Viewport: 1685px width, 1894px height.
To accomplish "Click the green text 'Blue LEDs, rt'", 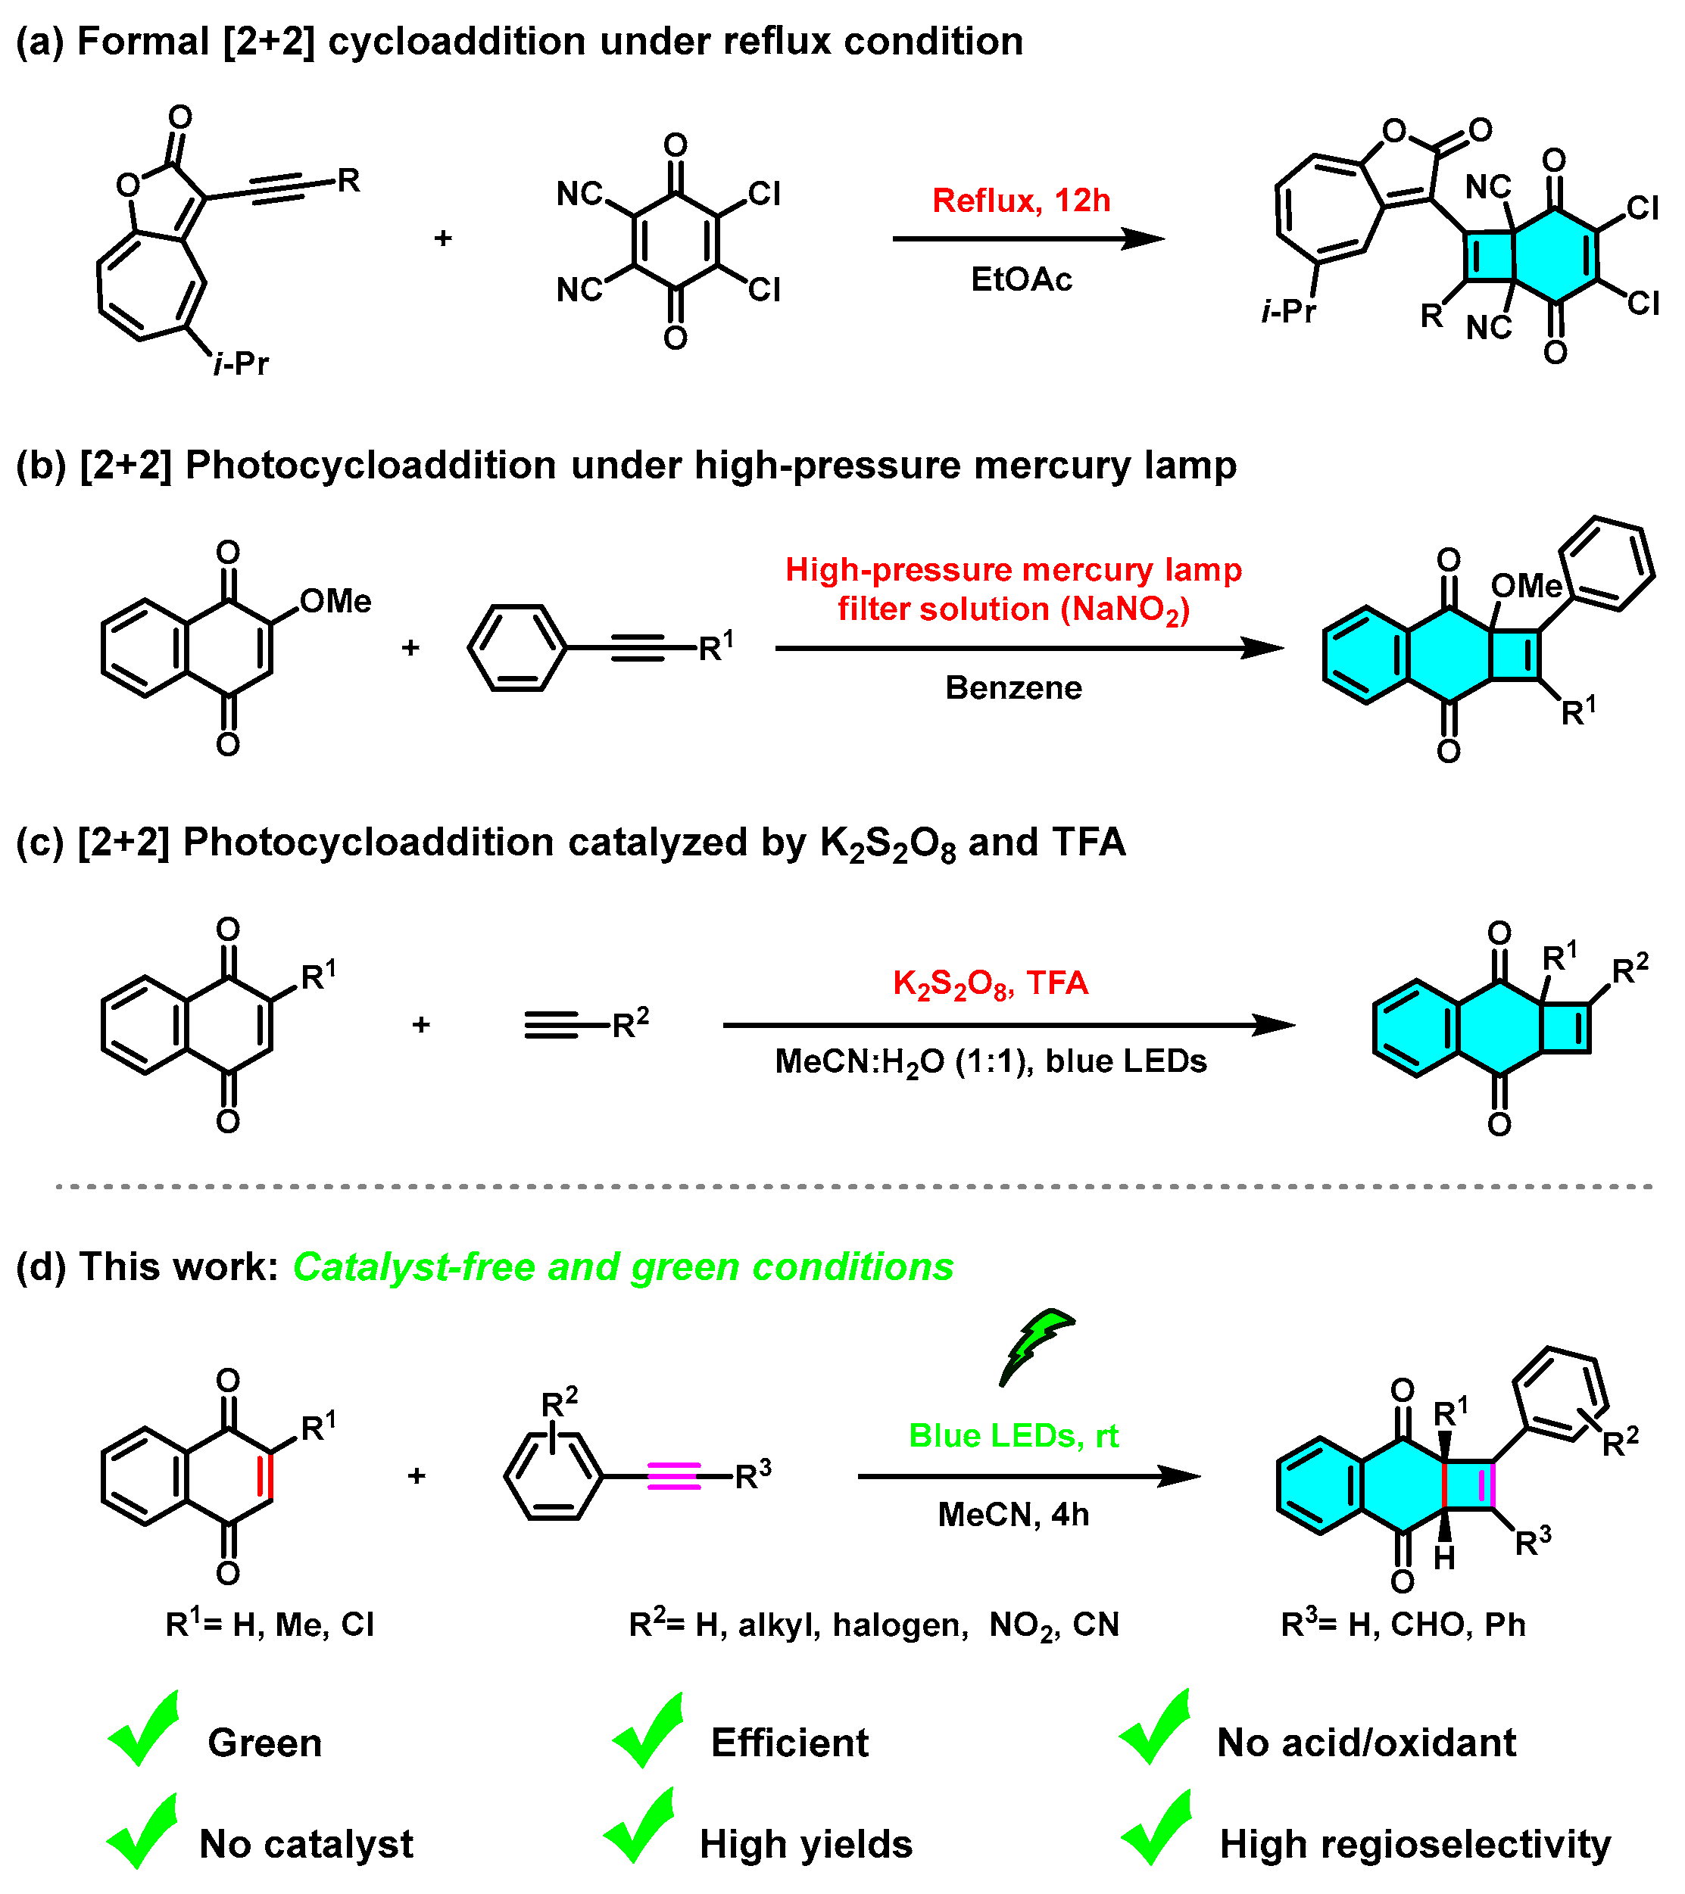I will pos(1013,1435).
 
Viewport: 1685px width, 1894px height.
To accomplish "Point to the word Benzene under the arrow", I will pos(1013,687).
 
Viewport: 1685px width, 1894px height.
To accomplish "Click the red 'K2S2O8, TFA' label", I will pos(990,983).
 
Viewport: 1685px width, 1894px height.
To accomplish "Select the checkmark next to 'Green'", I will pos(144,1731).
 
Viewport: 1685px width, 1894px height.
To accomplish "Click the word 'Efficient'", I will pos(789,1743).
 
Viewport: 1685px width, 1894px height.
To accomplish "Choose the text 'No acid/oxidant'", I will pos(1365,1743).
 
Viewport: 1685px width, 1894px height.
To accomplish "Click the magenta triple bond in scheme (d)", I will pos(673,1475).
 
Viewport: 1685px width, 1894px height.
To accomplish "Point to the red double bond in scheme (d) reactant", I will pos(265,1475).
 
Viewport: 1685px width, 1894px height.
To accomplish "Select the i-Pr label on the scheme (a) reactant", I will pos(240,364).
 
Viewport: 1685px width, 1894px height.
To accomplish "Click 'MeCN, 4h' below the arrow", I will pos(1013,1514).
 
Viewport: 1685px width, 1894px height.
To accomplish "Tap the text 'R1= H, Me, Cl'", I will pos(269,1625).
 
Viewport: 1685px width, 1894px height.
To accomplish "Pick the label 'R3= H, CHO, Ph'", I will pos(1403,1625).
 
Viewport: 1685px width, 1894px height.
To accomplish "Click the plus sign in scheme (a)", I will pos(443,238).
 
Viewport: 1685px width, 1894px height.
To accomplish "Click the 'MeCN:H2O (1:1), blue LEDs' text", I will pos(990,1061).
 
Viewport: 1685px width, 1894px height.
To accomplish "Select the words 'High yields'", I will pos(806,1844).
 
